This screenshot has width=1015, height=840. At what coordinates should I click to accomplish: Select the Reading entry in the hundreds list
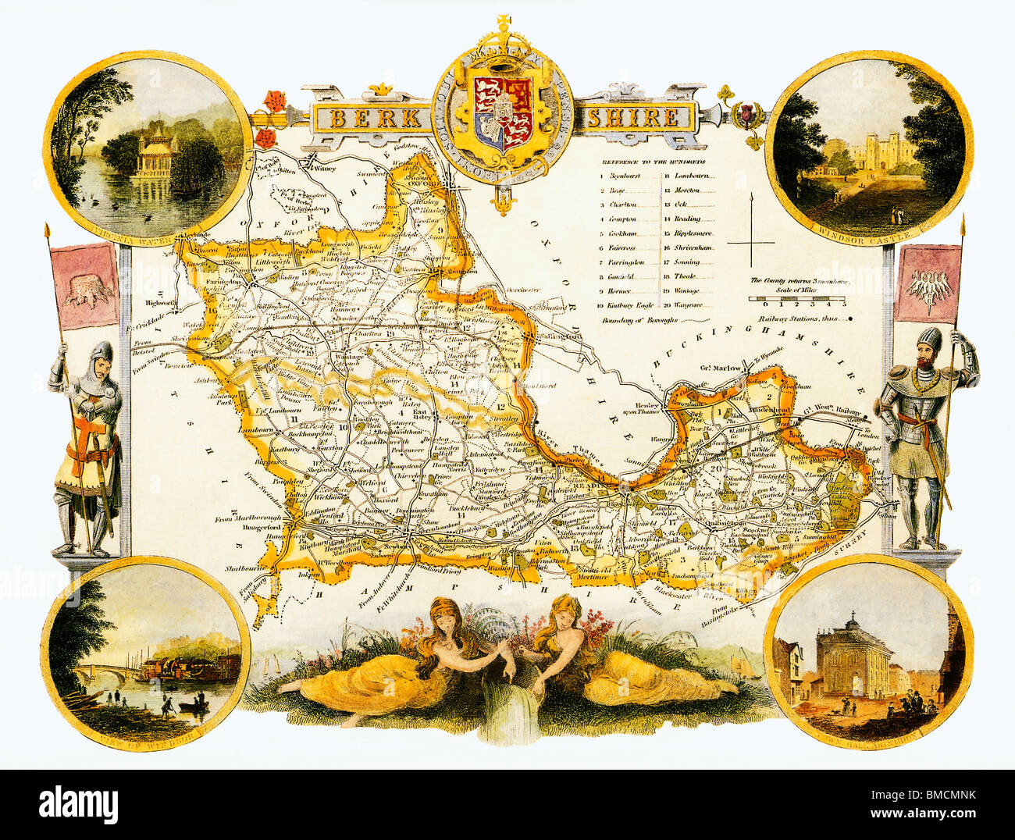(687, 219)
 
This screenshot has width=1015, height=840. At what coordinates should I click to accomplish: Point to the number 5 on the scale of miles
(843, 303)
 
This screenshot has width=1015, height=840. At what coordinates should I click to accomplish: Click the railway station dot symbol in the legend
(850, 319)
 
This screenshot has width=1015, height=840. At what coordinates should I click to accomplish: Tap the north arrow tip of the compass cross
(750, 195)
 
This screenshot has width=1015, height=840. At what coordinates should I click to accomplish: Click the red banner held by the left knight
(84, 285)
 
